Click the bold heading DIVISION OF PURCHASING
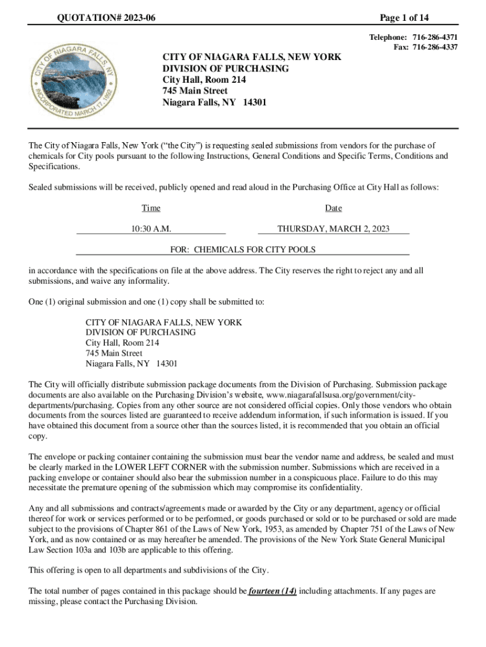pos(225,68)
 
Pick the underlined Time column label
pos(151,208)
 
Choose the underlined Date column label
pos(333,208)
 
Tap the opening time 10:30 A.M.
pos(151,229)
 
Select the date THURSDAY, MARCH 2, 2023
pos(333,229)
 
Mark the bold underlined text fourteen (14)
pos(272,591)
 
